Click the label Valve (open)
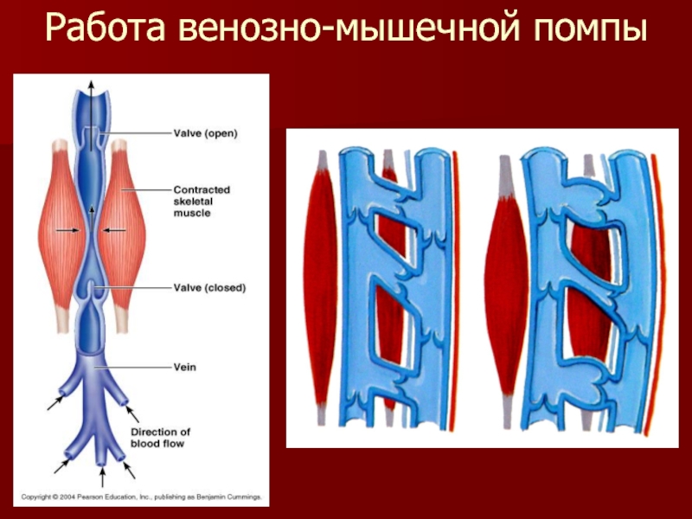[x=205, y=133]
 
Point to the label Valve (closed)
[x=208, y=288]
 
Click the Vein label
[x=184, y=367]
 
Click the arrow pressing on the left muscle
[x=63, y=230]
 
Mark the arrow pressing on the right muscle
[x=115, y=230]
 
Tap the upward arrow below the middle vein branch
[x=102, y=476]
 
